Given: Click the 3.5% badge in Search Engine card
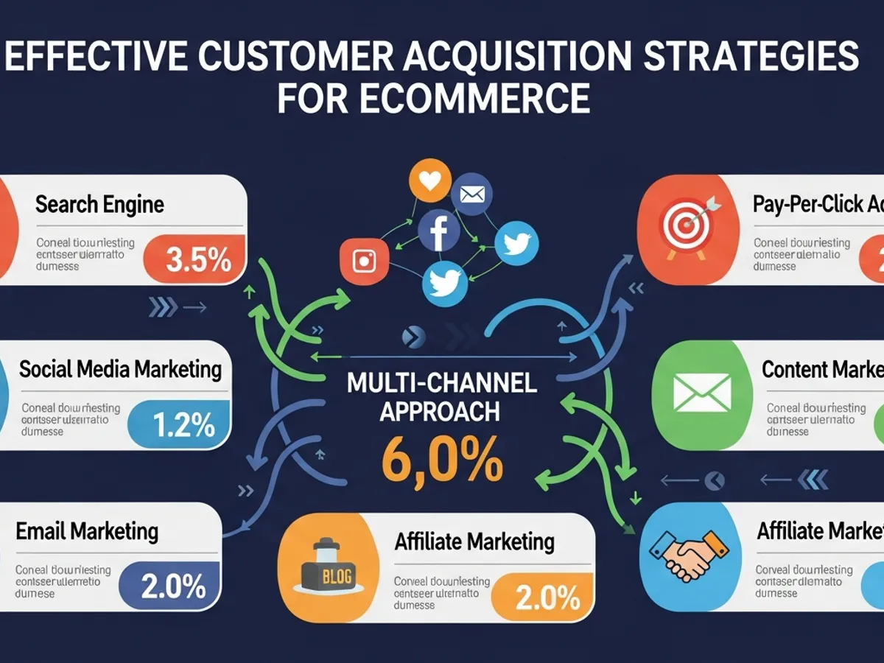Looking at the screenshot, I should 197,259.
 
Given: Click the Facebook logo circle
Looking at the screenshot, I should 439,231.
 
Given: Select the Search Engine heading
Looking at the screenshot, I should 99,204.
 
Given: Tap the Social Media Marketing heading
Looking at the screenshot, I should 120,368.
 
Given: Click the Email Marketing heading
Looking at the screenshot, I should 87,531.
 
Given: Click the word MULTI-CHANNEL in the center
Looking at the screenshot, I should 442,383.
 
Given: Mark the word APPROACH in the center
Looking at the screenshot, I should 439,412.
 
